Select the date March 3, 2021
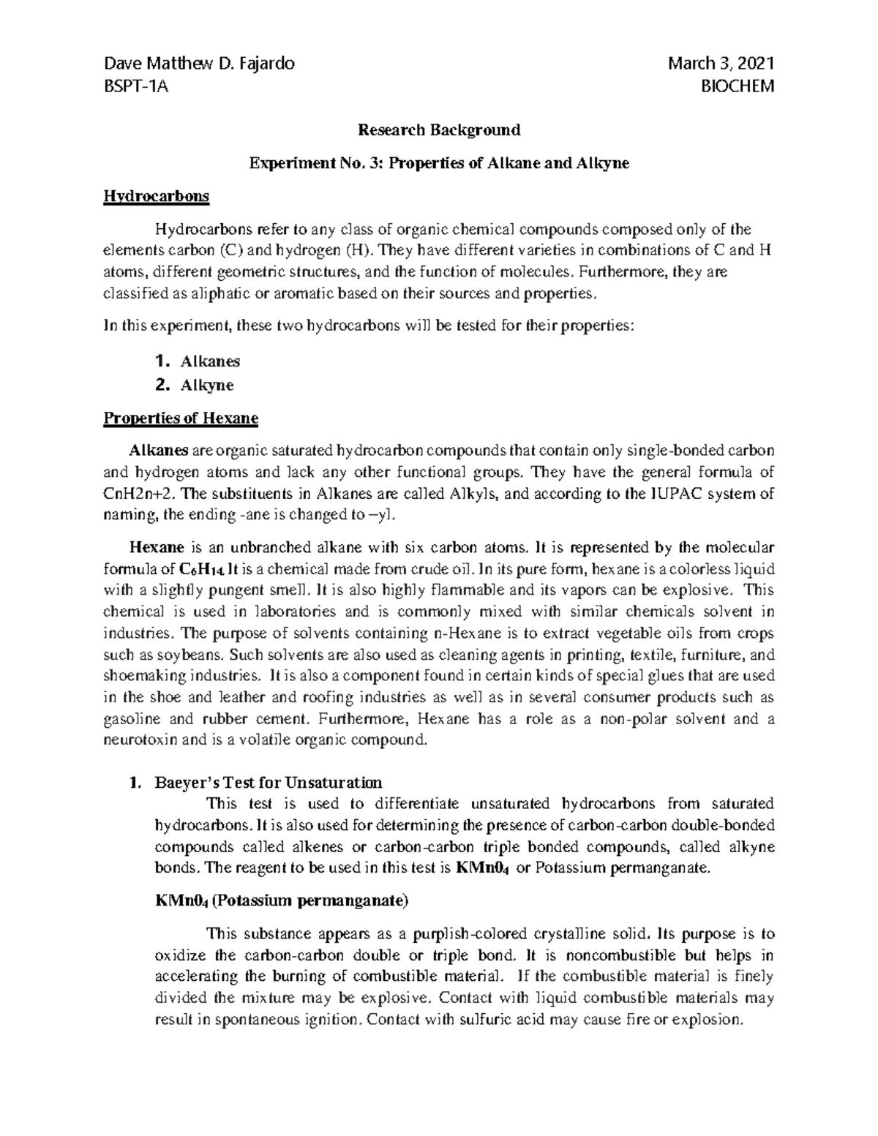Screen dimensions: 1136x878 coord(721,64)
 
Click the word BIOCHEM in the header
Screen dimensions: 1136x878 coord(738,87)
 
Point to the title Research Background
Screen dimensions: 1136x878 coord(438,130)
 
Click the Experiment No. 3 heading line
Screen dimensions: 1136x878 coord(438,164)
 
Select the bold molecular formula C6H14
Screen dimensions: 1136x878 coord(202,568)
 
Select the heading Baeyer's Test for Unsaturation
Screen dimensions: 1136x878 coord(267,783)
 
